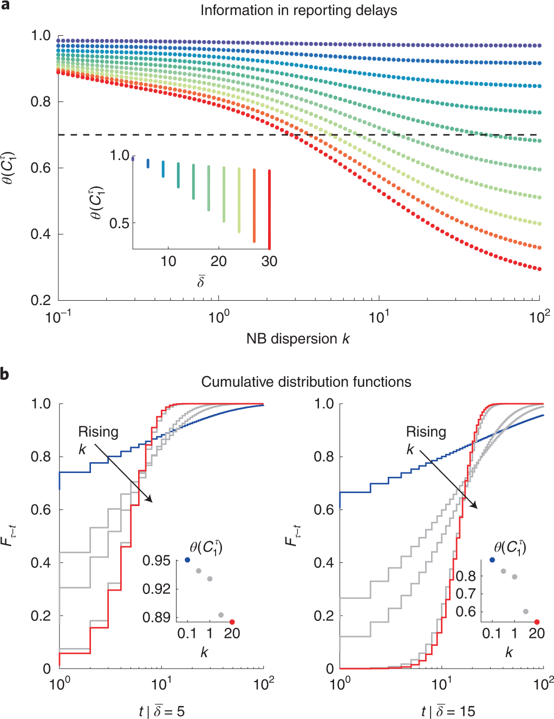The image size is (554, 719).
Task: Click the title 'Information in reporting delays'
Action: tap(298, 10)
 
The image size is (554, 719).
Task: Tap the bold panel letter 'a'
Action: tap(5, 5)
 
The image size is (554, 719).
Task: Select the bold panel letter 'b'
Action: tap(5, 374)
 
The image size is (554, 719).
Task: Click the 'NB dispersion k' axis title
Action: tap(298, 339)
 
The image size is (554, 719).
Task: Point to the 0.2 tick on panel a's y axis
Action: tap(41, 300)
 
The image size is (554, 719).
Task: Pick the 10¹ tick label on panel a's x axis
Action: tap(379, 316)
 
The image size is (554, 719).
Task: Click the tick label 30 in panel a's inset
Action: tap(269, 261)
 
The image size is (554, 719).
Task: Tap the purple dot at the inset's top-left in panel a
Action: tap(133, 158)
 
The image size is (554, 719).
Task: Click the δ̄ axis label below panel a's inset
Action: tap(201, 281)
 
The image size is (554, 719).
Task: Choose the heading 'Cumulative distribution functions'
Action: tap(306, 382)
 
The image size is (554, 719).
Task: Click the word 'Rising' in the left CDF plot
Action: tap(98, 432)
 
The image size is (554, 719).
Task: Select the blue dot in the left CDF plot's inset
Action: tap(187, 560)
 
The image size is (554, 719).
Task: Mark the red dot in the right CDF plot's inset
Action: tap(537, 622)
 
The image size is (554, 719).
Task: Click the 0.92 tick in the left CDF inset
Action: tap(156, 588)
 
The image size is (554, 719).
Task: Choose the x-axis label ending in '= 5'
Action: tap(161, 711)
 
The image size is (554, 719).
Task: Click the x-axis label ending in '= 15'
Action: tap(448, 711)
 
